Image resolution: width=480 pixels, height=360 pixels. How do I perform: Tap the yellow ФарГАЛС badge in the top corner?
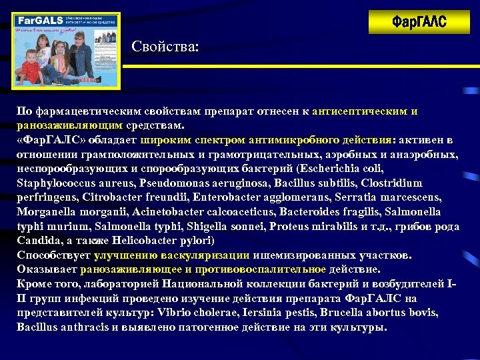pos(419,22)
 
